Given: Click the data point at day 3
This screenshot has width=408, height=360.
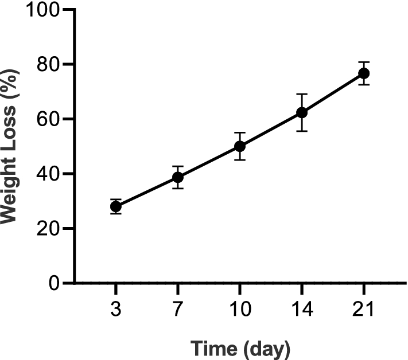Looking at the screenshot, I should coord(115,207).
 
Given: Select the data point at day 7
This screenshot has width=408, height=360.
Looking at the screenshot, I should coord(177,178).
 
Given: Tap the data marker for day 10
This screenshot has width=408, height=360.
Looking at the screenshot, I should coord(239,146).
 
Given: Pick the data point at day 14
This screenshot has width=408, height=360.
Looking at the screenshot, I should coord(301,112).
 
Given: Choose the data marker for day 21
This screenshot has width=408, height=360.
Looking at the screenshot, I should coord(363,73).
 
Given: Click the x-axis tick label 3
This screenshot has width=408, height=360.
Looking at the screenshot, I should coord(115,310).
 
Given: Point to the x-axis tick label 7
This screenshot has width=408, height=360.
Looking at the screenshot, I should coord(177,310).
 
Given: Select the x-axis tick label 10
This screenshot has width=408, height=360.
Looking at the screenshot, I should coord(239,310).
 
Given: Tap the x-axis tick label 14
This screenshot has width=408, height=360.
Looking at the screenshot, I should coord(301,310).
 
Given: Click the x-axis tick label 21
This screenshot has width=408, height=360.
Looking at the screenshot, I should coord(363,310).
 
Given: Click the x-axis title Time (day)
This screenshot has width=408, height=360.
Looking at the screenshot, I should coord(240,347).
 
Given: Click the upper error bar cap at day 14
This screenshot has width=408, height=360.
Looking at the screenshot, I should coord(301,94).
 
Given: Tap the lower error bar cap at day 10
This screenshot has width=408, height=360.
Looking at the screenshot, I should coord(239,160).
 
